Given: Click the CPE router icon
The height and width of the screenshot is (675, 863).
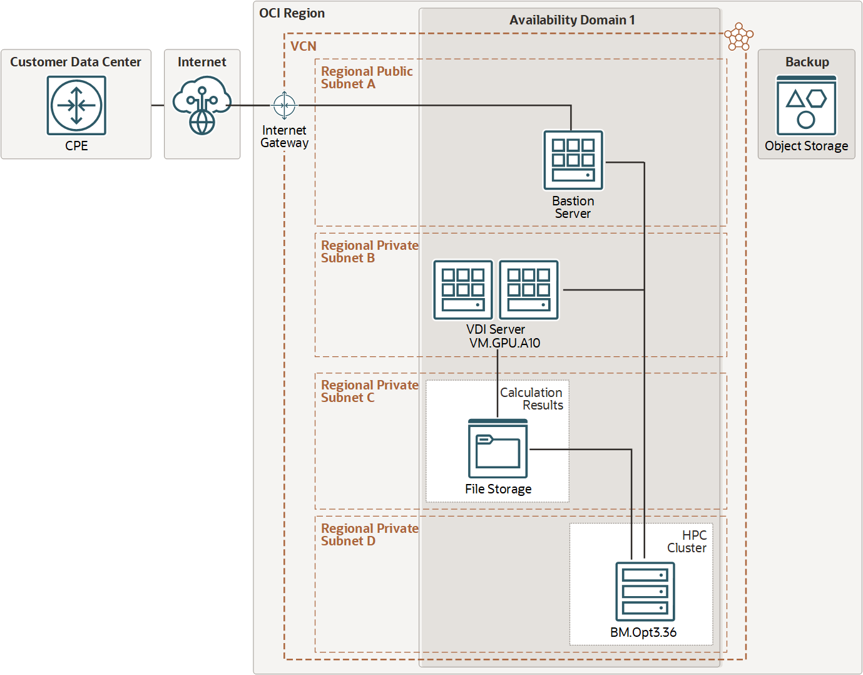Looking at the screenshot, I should tap(76, 105).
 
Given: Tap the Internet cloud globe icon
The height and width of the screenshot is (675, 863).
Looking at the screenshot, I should tap(202, 105).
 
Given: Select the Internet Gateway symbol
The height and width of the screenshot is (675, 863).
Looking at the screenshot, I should tap(285, 105).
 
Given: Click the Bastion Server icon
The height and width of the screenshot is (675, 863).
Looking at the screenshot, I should tap(573, 160).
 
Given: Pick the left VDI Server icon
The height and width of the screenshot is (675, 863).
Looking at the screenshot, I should tap(463, 290).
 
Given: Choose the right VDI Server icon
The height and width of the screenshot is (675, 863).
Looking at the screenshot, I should tap(529, 290).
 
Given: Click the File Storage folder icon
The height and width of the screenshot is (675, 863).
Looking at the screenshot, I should tap(498, 449).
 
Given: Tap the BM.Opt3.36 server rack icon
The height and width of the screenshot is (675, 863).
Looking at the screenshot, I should tap(645, 592).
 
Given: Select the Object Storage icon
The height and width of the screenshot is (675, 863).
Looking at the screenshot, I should tap(806, 106).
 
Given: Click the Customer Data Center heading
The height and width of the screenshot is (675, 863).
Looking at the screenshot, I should tap(76, 62).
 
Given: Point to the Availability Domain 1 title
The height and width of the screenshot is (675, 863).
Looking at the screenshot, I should tap(572, 20).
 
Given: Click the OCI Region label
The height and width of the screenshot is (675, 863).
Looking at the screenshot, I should tap(292, 13).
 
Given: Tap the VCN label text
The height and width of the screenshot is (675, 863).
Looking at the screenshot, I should tap(304, 46).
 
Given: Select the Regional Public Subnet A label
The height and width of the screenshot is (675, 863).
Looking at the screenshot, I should tap(367, 78).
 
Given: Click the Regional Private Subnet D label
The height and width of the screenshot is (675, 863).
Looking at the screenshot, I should tap(369, 535).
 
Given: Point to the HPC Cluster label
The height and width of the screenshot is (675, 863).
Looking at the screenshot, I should tap(687, 542).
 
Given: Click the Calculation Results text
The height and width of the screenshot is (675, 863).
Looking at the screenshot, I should tap(531, 399).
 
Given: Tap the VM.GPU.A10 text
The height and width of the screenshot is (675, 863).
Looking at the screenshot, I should tap(504, 343).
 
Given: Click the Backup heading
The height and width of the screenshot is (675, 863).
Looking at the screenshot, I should tap(807, 62).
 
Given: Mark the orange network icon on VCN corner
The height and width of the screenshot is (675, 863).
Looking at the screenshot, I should tap(739, 37).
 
